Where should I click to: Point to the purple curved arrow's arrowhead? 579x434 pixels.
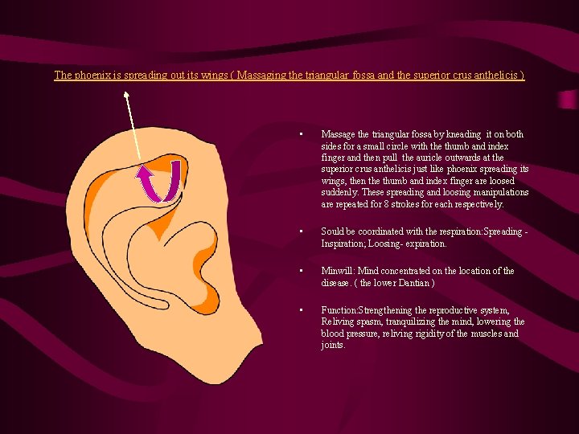click(x=146, y=171)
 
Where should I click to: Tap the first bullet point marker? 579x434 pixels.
click(x=299, y=135)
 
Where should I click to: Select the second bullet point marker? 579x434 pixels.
click(x=299, y=232)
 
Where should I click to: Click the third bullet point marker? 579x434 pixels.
click(x=299, y=272)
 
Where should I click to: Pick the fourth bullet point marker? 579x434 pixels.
click(x=299, y=310)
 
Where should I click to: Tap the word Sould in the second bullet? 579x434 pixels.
click(x=334, y=232)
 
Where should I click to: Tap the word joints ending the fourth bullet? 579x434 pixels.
click(x=333, y=345)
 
